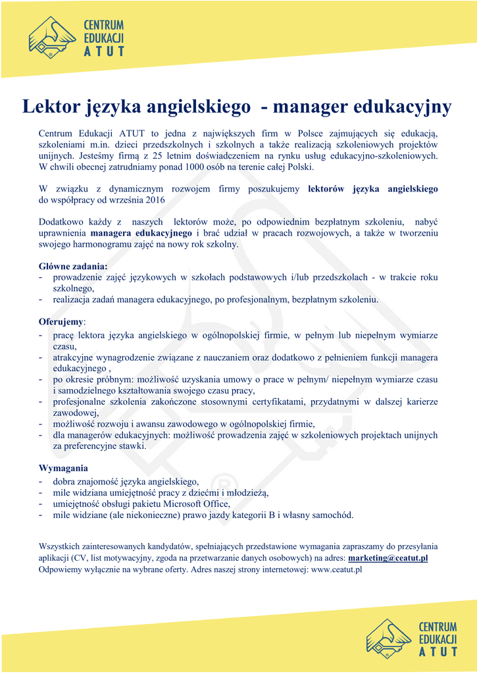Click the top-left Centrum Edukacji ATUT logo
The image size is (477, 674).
coord(76,38)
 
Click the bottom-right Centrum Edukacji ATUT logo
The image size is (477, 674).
coord(412,637)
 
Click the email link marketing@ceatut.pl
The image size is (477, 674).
coord(388,557)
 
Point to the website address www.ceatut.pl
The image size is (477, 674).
coord(337,569)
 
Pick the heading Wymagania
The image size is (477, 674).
coord(63,468)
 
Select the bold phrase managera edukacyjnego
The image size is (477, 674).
coord(142,233)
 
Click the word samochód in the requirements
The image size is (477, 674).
coord(333,515)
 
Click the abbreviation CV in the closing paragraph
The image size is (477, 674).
coord(82,557)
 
